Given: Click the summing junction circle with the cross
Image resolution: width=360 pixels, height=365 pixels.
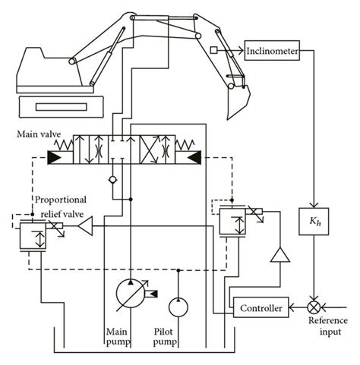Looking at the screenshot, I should pos(311,308).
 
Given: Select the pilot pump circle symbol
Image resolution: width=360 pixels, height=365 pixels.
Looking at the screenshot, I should pos(178,306).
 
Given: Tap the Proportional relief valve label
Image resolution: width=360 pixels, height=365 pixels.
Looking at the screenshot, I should pos(61,207).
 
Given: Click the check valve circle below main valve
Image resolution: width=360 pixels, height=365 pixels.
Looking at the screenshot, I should pos(114,181).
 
